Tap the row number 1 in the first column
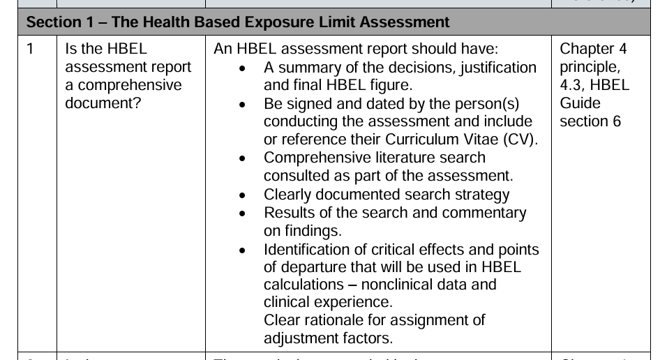31,50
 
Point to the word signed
309,104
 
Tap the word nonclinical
387,285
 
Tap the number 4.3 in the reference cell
571,86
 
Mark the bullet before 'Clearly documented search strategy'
241,195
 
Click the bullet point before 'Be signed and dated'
241,105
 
